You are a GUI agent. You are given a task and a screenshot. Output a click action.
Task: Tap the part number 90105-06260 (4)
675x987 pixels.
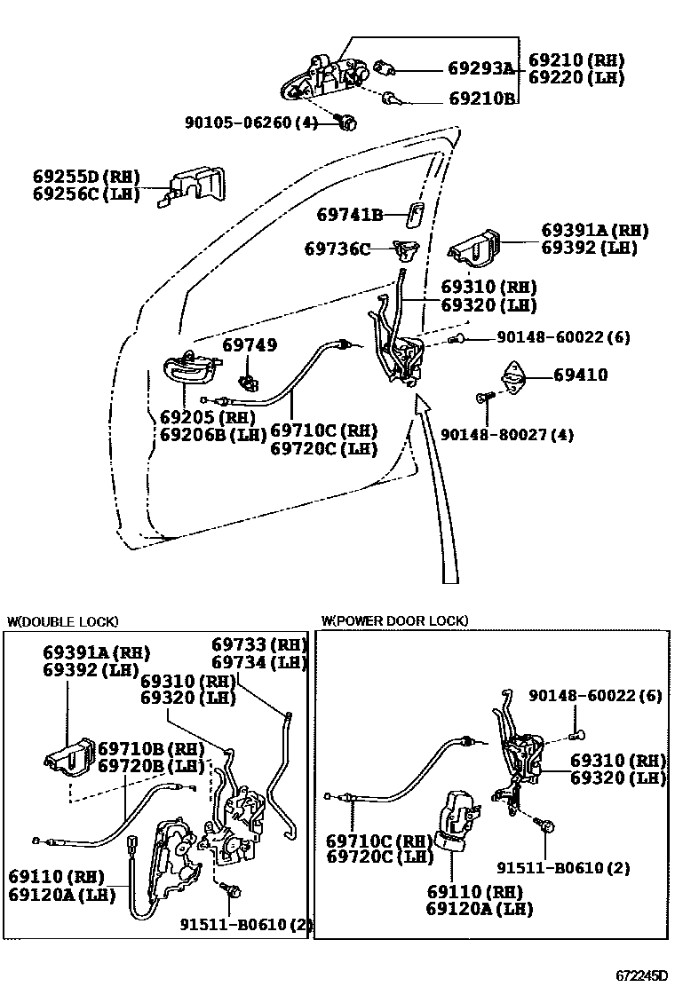coord(250,122)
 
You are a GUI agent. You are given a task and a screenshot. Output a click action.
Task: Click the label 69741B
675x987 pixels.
coord(350,215)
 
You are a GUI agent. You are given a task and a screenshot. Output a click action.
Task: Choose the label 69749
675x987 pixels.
coord(249,345)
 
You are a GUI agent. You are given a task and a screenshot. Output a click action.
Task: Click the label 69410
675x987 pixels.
coord(581,375)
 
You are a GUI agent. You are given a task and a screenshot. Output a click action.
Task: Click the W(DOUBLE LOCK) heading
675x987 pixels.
coord(62,621)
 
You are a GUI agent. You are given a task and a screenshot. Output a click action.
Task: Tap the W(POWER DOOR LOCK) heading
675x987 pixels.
coord(394,621)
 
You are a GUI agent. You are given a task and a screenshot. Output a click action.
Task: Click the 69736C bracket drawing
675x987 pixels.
coord(408,251)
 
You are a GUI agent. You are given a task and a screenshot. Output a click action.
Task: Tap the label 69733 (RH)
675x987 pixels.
coord(258,644)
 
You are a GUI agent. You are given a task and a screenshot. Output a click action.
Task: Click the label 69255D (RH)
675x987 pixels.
coord(86,177)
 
